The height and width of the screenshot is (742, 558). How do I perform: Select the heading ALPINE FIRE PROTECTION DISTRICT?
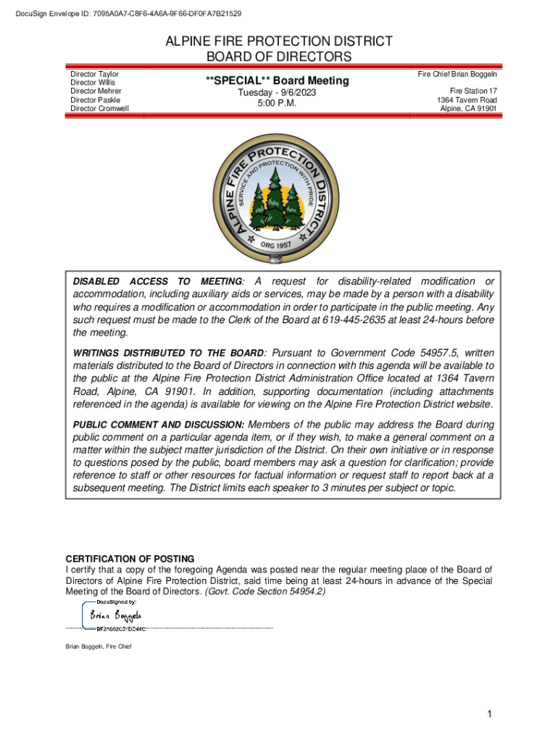279,41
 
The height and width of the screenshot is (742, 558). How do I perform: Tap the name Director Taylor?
94,75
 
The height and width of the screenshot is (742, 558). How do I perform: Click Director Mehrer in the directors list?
96,91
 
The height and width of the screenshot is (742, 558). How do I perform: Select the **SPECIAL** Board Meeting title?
277,80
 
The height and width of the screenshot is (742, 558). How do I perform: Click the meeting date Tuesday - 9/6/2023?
278,93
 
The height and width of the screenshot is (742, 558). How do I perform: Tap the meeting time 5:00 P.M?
278,104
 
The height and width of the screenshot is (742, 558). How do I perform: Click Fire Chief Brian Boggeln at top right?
457,75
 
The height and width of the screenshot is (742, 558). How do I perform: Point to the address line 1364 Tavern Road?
466,100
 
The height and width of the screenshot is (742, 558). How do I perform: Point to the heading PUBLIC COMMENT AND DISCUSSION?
158,424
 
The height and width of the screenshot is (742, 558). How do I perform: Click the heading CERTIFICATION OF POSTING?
130,559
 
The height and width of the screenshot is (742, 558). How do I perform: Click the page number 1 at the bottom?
490,715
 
